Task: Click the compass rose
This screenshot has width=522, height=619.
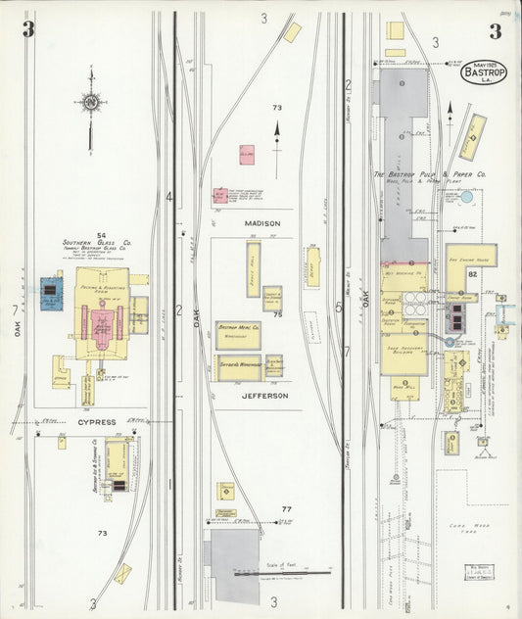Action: pyautogui.click(x=90, y=102)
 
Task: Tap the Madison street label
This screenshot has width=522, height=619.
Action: pyautogui.click(x=262, y=223)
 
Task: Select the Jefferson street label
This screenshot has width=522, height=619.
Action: pyautogui.click(x=264, y=396)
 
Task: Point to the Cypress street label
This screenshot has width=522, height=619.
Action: pyautogui.click(x=97, y=422)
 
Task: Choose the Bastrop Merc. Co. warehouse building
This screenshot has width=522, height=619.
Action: pyautogui.click(x=238, y=336)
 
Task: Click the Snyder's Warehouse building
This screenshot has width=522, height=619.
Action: pyautogui.click(x=238, y=367)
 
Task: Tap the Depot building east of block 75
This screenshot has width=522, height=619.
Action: pyautogui.click(x=313, y=266)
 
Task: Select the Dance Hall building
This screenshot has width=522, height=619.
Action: pyautogui.click(x=253, y=262)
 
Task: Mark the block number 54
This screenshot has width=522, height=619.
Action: pyautogui.click(x=101, y=235)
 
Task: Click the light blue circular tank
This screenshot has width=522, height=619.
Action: pyautogui.click(x=466, y=197)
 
